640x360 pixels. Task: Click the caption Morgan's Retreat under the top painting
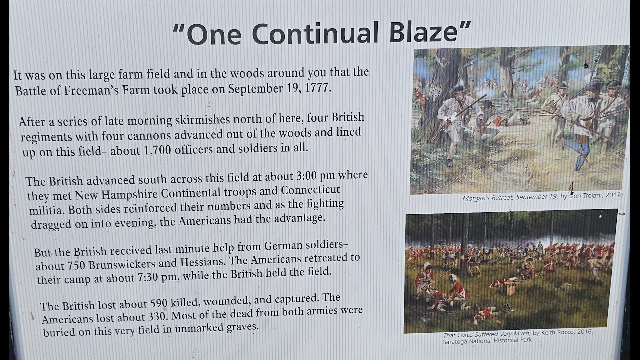pyautogui.click(x=488, y=198)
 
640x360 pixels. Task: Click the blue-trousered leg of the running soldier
pyautogui.click(x=581, y=150)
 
